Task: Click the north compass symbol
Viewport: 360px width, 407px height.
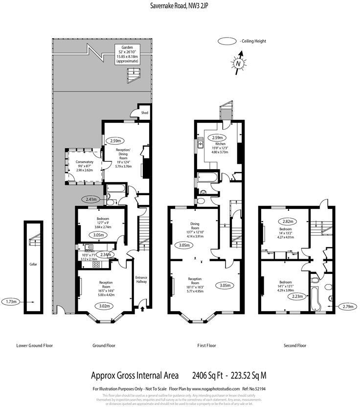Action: coord(238,64)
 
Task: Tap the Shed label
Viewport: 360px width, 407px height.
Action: coord(145,113)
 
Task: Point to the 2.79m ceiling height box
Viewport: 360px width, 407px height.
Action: coord(348,306)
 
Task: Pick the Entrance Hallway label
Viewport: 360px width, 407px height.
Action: coord(141,279)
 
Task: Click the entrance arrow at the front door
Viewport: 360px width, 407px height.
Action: coord(142,308)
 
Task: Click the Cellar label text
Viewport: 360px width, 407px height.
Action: coord(33,265)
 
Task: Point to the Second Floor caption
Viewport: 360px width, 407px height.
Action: coord(295,345)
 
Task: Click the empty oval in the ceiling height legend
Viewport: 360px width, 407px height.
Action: coord(227,42)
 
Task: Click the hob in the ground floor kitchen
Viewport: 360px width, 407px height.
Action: coord(96,264)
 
